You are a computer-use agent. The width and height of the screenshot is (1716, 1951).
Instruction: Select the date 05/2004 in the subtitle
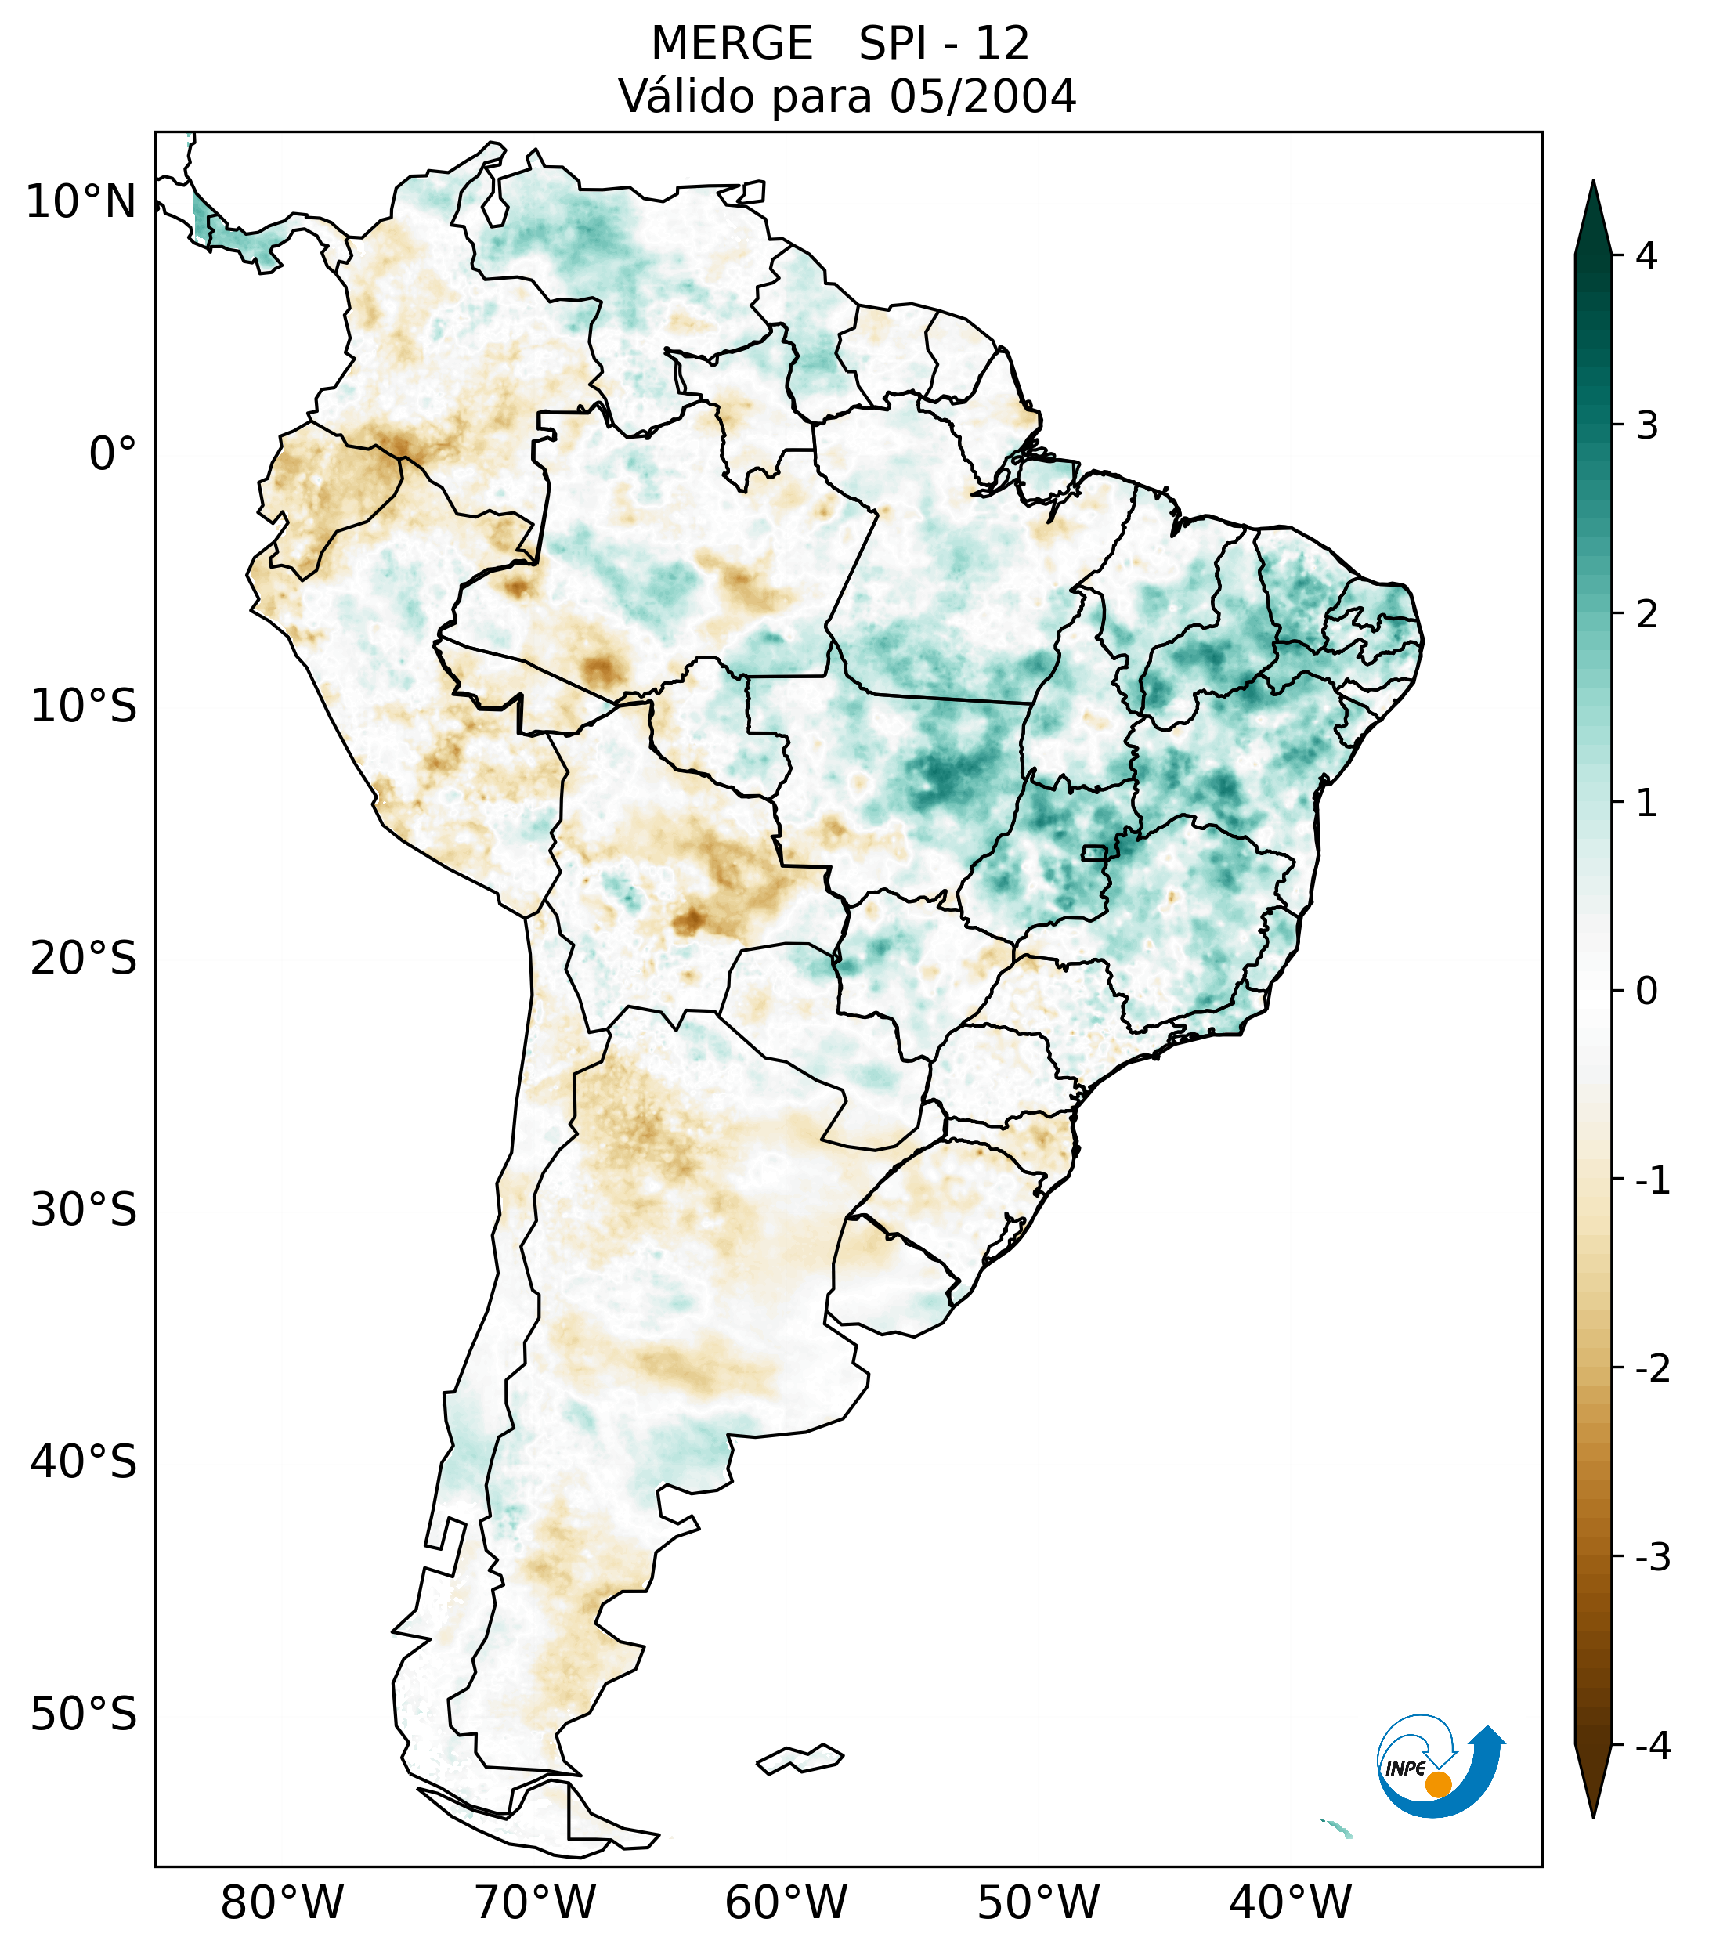pyautogui.click(x=982, y=96)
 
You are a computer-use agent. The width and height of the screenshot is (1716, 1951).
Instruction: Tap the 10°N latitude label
pyautogui.click(x=81, y=202)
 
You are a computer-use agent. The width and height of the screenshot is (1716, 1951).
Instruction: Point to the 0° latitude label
pyautogui.click(x=113, y=454)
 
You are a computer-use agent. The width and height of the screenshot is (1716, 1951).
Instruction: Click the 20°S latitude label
pyautogui.click(x=84, y=959)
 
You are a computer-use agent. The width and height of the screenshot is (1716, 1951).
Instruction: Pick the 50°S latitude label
pyautogui.click(x=84, y=1715)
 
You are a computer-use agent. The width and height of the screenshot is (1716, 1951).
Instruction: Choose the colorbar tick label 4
pyautogui.click(x=1646, y=256)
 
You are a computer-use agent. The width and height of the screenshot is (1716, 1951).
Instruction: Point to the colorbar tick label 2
pyautogui.click(x=1646, y=615)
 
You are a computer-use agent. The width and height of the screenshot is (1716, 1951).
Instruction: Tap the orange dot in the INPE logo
pyautogui.click(x=1438, y=1784)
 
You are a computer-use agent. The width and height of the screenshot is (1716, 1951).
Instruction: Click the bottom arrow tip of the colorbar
pyautogui.click(x=1593, y=1816)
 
